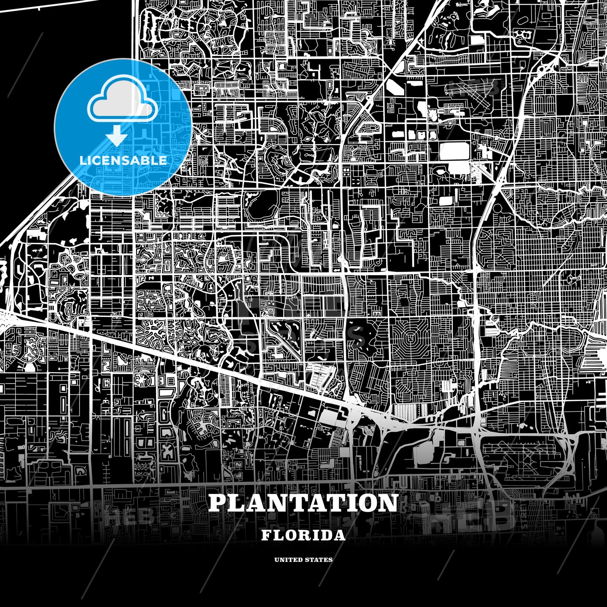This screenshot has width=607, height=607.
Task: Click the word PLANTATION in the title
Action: click(x=303, y=503)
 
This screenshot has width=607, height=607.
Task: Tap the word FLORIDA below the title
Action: click(x=303, y=535)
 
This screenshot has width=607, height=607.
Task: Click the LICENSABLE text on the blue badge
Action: click(x=123, y=161)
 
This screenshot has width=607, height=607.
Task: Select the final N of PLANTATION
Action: click(x=388, y=503)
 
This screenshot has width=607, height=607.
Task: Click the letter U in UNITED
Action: click(x=277, y=560)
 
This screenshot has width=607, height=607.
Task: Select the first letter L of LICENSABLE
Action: click(x=82, y=161)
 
